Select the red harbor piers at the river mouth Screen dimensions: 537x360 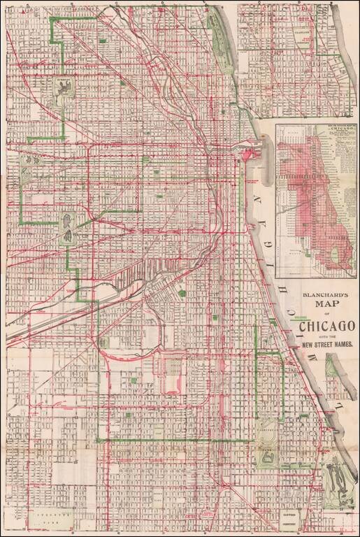[252, 150]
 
